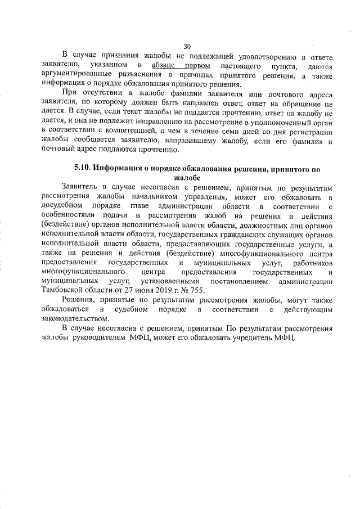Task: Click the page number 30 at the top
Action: pos(187,47)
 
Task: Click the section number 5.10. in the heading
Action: pos(83,168)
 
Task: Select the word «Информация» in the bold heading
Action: pos(120,168)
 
